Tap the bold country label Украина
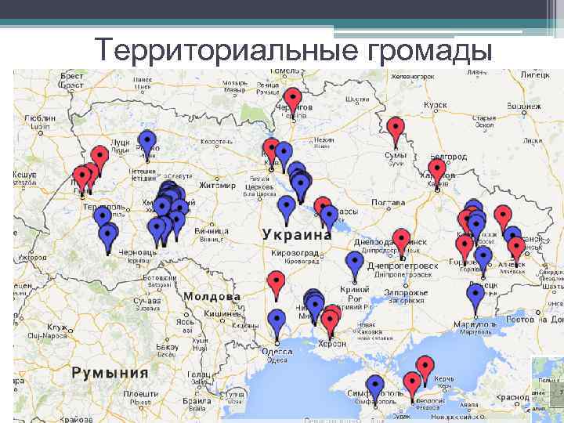(x=297, y=234)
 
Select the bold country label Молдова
(x=212, y=297)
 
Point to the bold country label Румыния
(x=110, y=372)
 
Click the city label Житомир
(x=217, y=186)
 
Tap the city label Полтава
(x=388, y=203)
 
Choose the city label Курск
(x=435, y=104)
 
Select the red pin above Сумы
(x=396, y=127)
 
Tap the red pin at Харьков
(x=436, y=168)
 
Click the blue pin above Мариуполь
(x=475, y=295)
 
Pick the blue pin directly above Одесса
(x=277, y=318)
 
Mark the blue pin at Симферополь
(x=376, y=385)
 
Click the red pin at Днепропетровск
(x=401, y=239)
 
